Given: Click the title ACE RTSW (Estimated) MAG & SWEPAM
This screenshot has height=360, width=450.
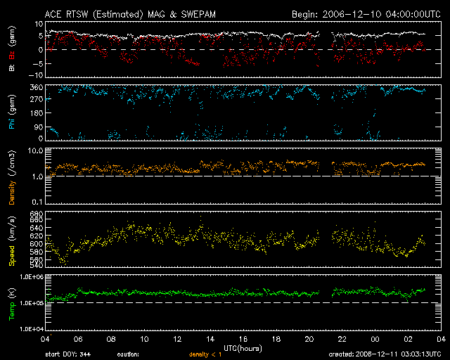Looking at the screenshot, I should point(120,14).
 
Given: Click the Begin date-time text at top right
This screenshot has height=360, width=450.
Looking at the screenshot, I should point(364,14).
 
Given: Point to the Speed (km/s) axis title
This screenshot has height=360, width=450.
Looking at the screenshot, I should point(12,238).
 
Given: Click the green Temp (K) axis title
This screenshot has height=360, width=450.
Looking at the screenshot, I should point(12,302).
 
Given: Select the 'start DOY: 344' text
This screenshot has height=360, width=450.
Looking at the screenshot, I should point(64,354).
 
